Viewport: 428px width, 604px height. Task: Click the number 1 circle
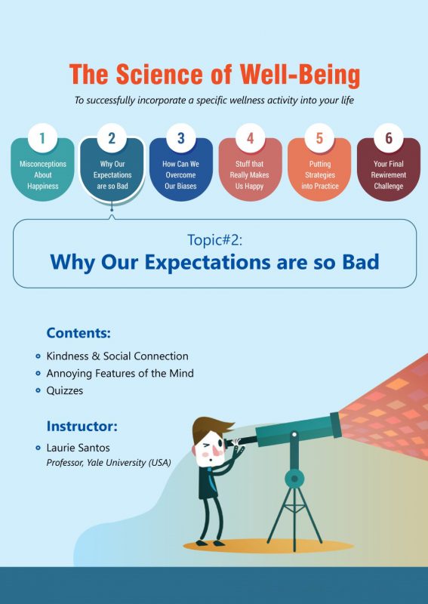click(x=42, y=138)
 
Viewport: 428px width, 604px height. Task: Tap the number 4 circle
click(x=250, y=138)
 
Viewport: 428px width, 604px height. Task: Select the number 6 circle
click(x=389, y=138)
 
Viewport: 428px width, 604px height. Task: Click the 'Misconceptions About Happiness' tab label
click(x=42, y=175)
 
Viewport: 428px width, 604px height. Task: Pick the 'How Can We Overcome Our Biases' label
click(x=180, y=175)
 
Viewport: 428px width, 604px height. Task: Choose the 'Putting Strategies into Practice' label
click(x=319, y=175)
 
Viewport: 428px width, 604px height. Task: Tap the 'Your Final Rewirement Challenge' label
click(x=389, y=175)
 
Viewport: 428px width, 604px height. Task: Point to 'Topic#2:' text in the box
click(x=214, y=239)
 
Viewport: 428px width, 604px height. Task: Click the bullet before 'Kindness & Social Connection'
click(x=38, y=356)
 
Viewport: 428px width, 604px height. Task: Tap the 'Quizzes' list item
click(x=65, y=391)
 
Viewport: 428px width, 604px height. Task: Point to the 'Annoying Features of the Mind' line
click(x=120, y=374)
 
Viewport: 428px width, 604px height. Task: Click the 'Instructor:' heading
click(x=82, y=426)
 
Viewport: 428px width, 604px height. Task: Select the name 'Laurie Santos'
click(x=78, y=448)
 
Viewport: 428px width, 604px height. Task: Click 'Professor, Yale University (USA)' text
click(x=109, y=462)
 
